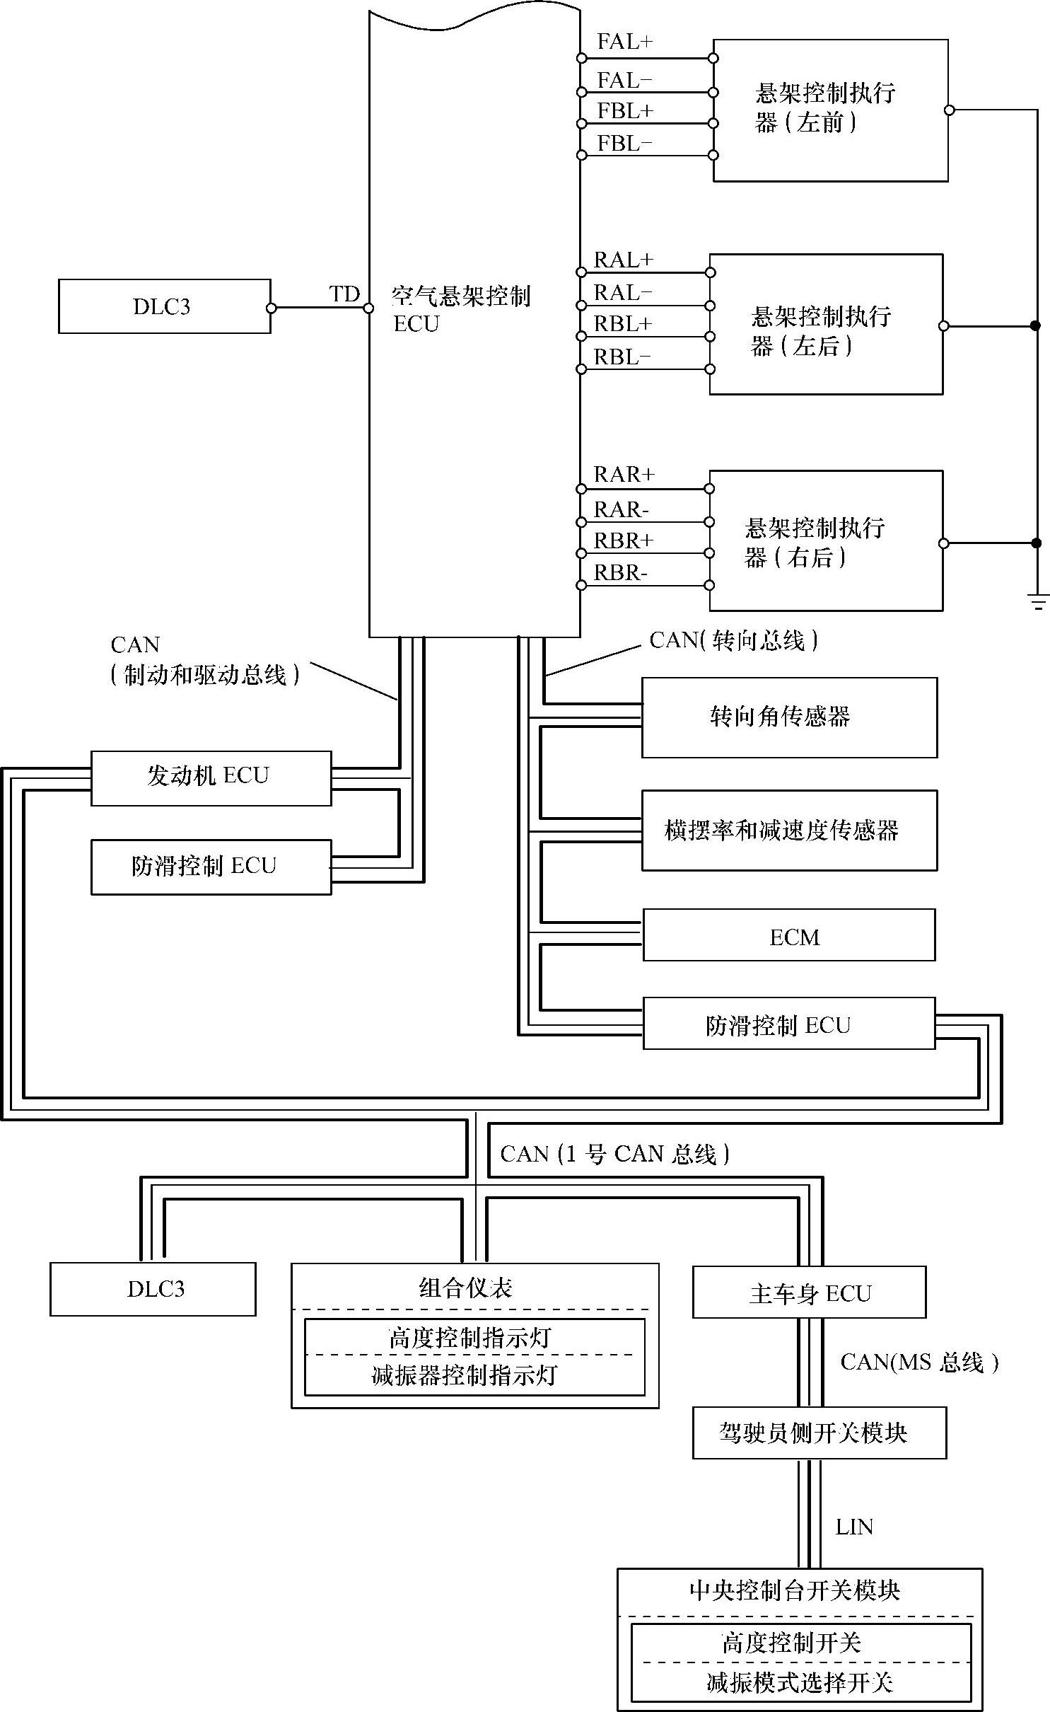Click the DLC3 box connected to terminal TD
point(164,306)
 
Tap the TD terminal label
point(344,294)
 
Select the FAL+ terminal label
point(624,42)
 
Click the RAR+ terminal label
point(624,474)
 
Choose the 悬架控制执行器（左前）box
point(830,110)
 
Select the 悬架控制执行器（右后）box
point(825,540)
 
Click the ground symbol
point(1037,603)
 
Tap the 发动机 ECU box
point(211,777)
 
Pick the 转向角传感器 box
point(789,717)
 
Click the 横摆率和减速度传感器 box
point(789,830)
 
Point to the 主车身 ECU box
point(809,1292)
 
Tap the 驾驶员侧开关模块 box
point(819,1433)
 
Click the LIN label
point(854,1527)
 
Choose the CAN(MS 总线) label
point(918,1362)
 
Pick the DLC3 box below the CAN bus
point(153,1289)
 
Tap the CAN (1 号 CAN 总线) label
point(614,1154)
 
